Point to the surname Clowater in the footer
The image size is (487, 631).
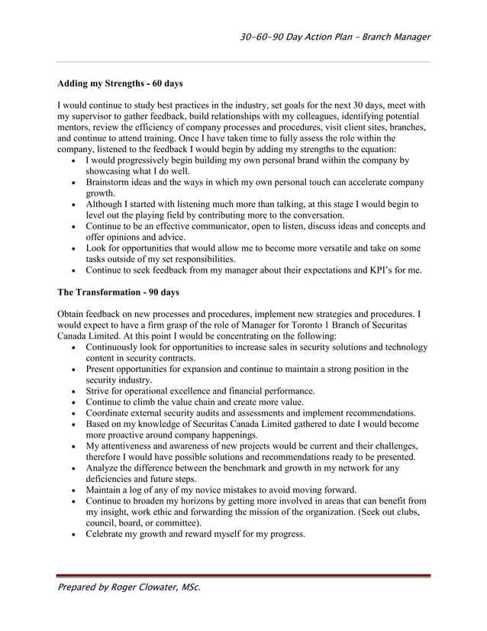click(154, 588)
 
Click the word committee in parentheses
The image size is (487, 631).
click(173, 523)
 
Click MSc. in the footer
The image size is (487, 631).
click(188, 588)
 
